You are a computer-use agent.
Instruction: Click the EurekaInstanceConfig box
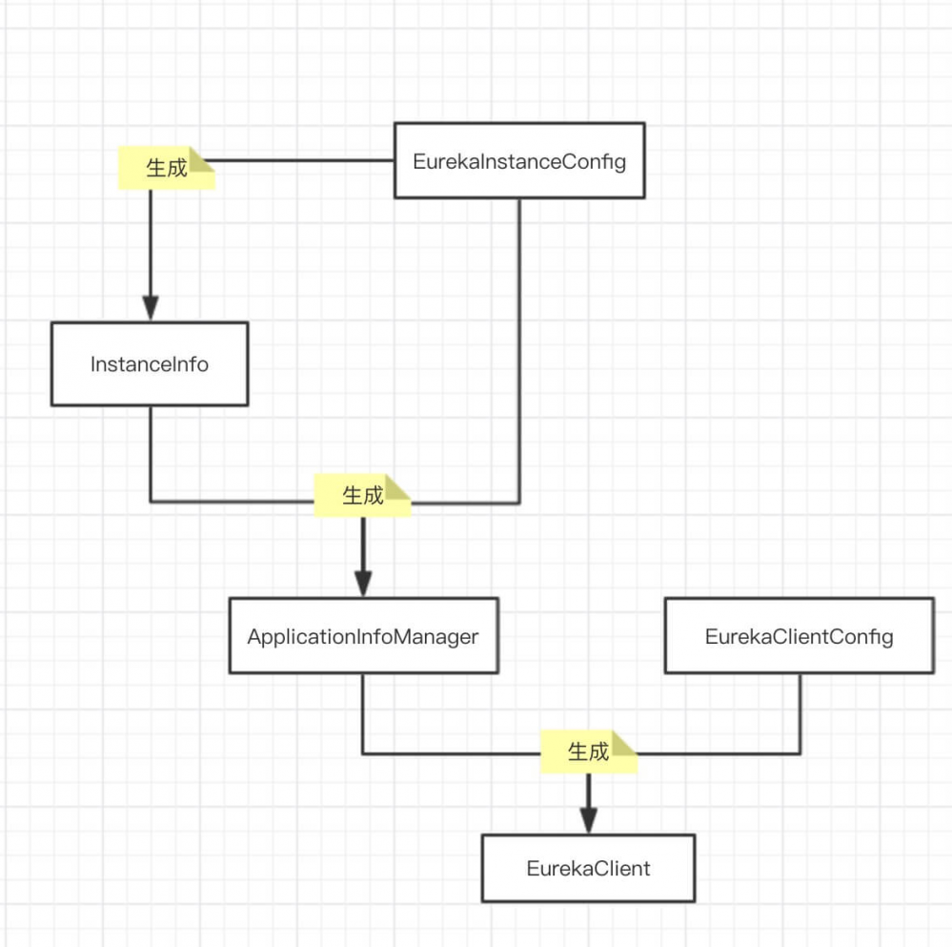pyautogui.click(x=519, y=160)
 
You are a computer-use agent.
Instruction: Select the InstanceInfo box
pyautogui.click(x=150, y=363)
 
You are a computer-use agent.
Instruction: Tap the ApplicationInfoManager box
pyautogui.click(x=363, y=636)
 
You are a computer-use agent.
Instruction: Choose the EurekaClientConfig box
pyautogui.click(x=799, y=636)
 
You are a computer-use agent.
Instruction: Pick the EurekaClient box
pyautogui.click(x=588, y=868)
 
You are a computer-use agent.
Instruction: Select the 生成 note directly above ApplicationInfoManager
pyautogui.click(x=362, y=496)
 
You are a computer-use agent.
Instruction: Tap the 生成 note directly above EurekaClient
pyautogui.click(x=588, y=751)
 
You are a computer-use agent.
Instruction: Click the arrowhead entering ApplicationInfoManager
pyautogui.click(x=363, y=583)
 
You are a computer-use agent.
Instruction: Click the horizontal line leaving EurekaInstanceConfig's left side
pyautogui.click(x=305, y=160)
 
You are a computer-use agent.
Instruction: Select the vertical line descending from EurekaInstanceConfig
pyautogui.click(x=519, y=343)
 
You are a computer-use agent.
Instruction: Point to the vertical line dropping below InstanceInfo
pyautogui.click(x=151, y=453)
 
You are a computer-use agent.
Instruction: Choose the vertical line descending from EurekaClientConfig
pyautogui.click(x=800, y=713)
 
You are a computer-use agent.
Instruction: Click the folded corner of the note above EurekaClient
pyautogui.click(x=625, y=740)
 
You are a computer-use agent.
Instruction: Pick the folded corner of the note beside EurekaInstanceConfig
pyautogui.click(x=203, y=157)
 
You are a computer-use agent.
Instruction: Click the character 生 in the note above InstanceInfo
pyautogui.click(x=155, y=169)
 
